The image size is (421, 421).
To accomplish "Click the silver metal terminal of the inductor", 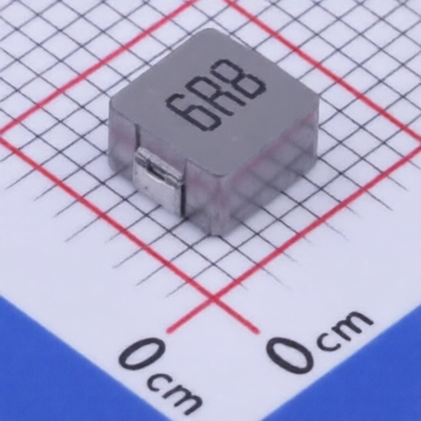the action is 158,180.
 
